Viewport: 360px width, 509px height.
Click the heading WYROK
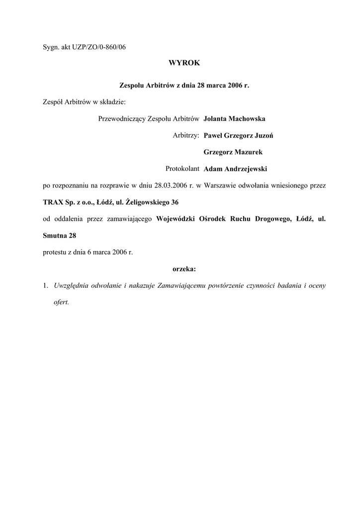(x=180, y=64)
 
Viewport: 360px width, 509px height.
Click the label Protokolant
(x=182, y=169)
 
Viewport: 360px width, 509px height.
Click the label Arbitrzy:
(x=186, y=135)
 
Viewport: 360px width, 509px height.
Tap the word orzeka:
(x=184, y=269)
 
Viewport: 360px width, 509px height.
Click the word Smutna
(x=55, y=236)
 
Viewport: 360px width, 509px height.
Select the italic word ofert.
(x=61, y=302)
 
